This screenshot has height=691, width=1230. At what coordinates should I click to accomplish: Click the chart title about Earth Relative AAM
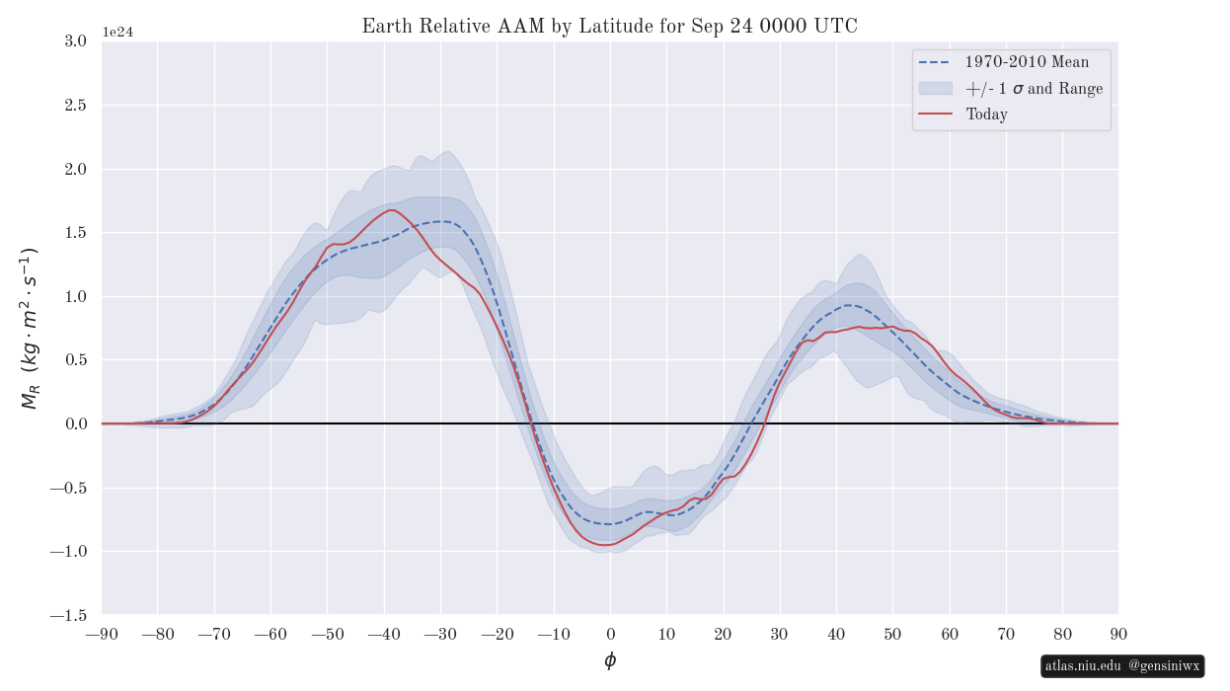[x=609, y=27]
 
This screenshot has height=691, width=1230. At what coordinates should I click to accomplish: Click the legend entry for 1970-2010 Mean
[x=1028, y=62]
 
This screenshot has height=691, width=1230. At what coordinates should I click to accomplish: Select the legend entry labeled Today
[x=986, y=115]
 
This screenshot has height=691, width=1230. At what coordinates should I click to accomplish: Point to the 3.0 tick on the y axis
[x=75, y=41]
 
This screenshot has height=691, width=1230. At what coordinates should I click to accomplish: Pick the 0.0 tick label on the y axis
[x=75, y=423]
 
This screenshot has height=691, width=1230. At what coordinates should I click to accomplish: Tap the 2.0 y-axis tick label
[x=75, y=169]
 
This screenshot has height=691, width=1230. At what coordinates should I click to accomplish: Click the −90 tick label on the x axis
[x=102, y=634]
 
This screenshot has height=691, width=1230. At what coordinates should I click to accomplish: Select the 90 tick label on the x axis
[x=1118, y=634]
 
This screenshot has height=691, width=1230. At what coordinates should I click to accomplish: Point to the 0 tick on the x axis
[x=610, y=634]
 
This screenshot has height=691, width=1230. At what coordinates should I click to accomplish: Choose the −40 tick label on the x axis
[x=384, y=634]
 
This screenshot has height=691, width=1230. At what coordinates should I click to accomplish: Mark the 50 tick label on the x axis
[x=892, y=634]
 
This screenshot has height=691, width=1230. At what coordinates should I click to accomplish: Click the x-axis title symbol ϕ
[x=610, y=660]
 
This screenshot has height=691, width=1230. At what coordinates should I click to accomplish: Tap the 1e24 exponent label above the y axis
[x=117, y=33]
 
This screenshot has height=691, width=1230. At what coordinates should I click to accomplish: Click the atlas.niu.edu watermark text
[x=1083, y=666]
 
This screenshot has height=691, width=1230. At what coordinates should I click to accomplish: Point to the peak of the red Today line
[x=392, y=210]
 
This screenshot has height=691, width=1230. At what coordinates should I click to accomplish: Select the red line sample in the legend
[x=935, y=115]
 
